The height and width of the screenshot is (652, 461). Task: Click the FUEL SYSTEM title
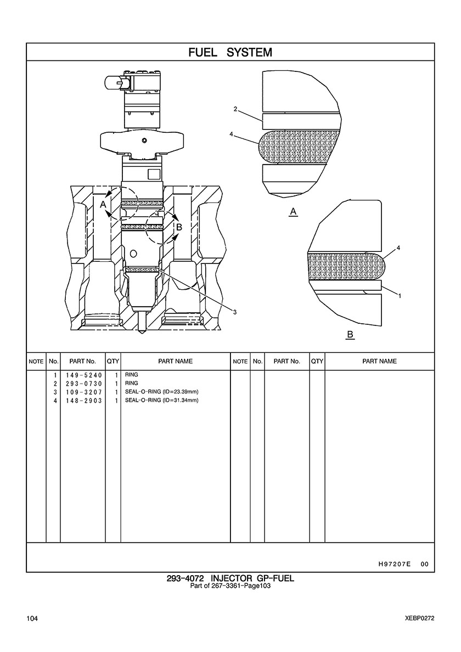[x=231, y=52]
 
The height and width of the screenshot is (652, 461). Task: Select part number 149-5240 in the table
[x=83, y=375]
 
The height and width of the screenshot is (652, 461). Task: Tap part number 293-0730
[x=83, y=384]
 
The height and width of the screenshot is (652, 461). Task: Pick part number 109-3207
[x=83, y=392]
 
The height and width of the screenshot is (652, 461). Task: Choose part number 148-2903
[x=83, y=401]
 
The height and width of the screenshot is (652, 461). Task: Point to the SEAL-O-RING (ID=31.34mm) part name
[x=162, y=401]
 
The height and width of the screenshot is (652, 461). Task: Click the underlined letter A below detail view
[x=294, y=212]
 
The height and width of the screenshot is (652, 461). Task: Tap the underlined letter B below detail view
[x=350, y=335]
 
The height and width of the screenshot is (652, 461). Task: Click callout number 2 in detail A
[x=235, y=109]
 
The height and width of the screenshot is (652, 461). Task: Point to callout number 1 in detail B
[x=400, y=296]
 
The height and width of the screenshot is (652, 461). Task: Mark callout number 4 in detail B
[x=398, y=248]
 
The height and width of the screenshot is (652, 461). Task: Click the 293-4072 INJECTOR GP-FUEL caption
[x=231, y=578]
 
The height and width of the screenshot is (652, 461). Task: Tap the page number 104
[x=32, y=619]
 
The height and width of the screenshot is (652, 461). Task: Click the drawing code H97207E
[x=395, y=564]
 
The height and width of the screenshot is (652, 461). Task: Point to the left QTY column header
[x=113, y=361]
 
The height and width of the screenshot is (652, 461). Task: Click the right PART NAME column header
[x=380, y=361]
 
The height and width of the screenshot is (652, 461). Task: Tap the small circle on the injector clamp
[x=144, y=140]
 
